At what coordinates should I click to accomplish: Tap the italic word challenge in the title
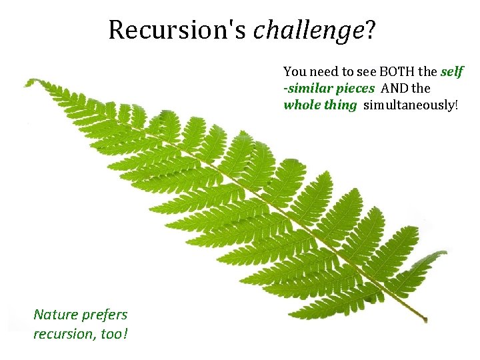point(307,30)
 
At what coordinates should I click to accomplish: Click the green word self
point(452,71)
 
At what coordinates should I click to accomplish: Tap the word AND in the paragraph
point(396,88)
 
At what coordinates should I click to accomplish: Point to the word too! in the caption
point(113,333)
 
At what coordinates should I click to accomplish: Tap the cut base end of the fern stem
point(424,319)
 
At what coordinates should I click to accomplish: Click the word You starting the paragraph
point(294,71)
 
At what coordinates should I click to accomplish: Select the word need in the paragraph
point(323,71)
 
